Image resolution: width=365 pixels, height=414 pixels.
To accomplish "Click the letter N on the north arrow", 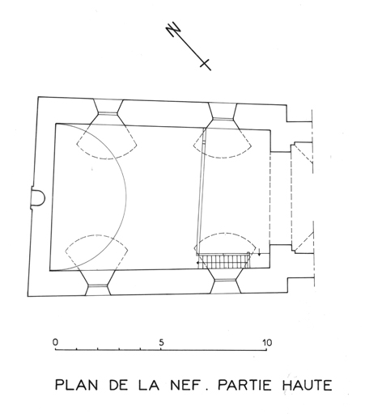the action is (x=173, y=29).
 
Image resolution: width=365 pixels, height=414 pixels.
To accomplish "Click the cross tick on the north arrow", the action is (x=205, y=64).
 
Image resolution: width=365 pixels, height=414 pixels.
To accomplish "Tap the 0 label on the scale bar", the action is (x=55, y=342).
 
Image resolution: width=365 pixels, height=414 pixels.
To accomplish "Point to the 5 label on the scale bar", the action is (x=161, y=342).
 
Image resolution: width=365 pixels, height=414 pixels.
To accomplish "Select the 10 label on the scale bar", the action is (x=267, y=343).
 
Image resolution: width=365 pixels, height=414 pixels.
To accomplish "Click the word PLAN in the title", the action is (x=76, y=385).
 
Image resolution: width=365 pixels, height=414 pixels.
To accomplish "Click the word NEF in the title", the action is (x=186, y=385).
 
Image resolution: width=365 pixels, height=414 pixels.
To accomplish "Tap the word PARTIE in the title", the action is (x=244, y=385).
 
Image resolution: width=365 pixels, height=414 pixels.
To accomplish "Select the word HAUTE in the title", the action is (x=308, y=385).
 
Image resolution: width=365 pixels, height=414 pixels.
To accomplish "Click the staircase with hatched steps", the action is (x=223, y=260).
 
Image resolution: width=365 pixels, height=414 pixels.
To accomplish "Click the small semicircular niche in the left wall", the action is (x=38, y=197).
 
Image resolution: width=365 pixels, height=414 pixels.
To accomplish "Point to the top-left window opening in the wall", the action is (x=108, y=112).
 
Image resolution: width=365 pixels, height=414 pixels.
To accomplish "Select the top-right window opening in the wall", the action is (x=223, y=116).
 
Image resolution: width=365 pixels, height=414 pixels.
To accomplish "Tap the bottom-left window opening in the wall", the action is (x=98, y=282).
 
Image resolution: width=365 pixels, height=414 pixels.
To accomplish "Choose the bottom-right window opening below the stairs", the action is (x=226, y=281).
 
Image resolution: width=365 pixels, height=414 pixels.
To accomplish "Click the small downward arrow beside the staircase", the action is (x=259, y=252).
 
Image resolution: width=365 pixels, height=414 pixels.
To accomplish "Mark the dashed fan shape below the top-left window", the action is (x=108, y=147).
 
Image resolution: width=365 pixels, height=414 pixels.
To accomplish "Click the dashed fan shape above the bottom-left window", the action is (x=96, y=244).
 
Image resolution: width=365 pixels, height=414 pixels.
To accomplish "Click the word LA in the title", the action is (x=149, y=385).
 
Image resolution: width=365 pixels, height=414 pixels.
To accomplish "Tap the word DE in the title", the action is (x=118, y=385).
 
